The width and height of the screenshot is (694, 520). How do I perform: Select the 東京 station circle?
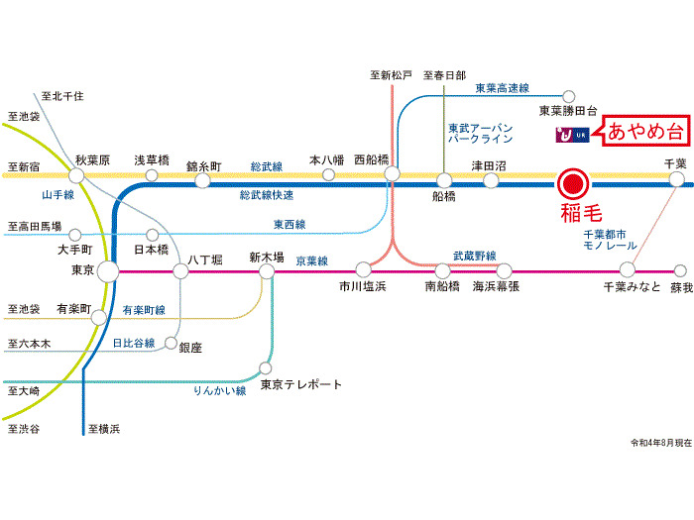pos(108,270)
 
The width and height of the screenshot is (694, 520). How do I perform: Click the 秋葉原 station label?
pos(91,159)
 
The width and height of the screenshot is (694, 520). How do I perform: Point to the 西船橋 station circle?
pos(392,173)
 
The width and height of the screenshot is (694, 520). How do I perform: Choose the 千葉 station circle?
pos(676,179)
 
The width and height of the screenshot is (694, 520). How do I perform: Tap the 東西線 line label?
pos(289,224)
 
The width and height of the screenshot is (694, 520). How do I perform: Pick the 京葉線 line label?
pos(311,261)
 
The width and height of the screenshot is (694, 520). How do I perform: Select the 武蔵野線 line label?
pos(474,256)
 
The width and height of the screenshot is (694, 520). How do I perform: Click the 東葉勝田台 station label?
pos(568,111)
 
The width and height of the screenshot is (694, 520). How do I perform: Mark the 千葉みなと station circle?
pos(627,269)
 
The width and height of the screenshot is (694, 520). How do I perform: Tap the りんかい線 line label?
pos(219,391)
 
